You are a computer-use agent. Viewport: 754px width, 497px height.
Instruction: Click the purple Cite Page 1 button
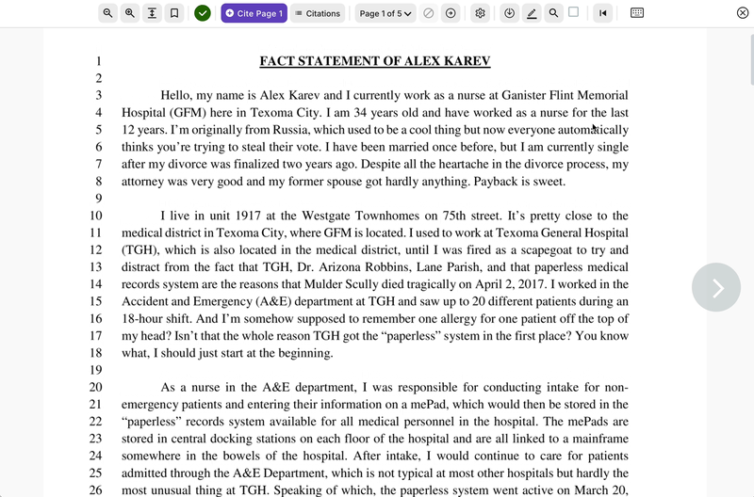(x=254, y=13)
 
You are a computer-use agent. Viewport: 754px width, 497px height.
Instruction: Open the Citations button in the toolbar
(x=317, y=13)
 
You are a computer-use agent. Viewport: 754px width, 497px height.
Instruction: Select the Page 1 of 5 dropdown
(x=386, y=13)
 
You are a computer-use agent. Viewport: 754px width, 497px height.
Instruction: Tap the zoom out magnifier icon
(x=108, y=13)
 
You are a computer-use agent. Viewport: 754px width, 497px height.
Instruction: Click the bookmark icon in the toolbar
(x=173, y=13)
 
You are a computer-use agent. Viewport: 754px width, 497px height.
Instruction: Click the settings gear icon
(x=481, y=13)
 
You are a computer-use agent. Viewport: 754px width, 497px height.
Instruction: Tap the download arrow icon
(x=510, y=13)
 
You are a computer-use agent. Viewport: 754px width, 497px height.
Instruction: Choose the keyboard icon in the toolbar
(x=637, y=13)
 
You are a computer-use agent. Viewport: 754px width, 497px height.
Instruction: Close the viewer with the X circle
(x=743, y=13)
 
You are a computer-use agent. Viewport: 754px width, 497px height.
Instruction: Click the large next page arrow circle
(x=716, y=287)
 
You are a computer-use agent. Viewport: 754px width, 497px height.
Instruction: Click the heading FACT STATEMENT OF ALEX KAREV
(x=375, y=62)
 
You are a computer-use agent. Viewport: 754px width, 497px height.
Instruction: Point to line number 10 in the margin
(x=95, y=216)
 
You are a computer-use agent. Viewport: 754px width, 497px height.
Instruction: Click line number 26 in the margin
(x=95, y=490)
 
